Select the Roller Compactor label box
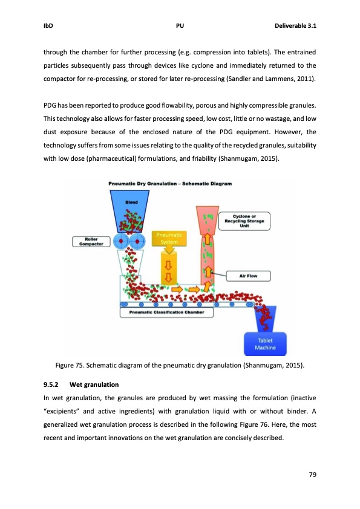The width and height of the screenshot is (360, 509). pyautogui.click(x=90, y=242)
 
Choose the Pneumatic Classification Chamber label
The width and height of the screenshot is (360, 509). pyautogui.click(x=166, y=313)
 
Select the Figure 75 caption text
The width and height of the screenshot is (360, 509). pyautogui.click(x=180, y=365)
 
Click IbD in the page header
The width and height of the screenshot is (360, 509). pyautogui.click(x=48, y=26)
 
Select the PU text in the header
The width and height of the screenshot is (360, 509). pyautogui.click(x=180, y=26)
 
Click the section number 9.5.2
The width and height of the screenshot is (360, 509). pyautogui.click(x=53, y=384)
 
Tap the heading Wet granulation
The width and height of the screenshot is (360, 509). pyautogui.click(x=94, y=384)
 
